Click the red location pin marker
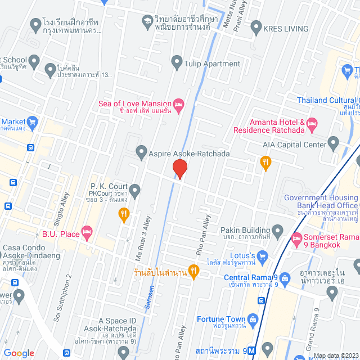179,168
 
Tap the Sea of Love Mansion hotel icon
179,103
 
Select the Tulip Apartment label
212,64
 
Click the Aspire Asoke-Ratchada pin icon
141,151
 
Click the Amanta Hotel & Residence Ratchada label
278,126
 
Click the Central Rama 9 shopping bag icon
285,277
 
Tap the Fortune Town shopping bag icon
253,320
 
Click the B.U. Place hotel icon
87,231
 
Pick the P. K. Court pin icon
134,188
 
